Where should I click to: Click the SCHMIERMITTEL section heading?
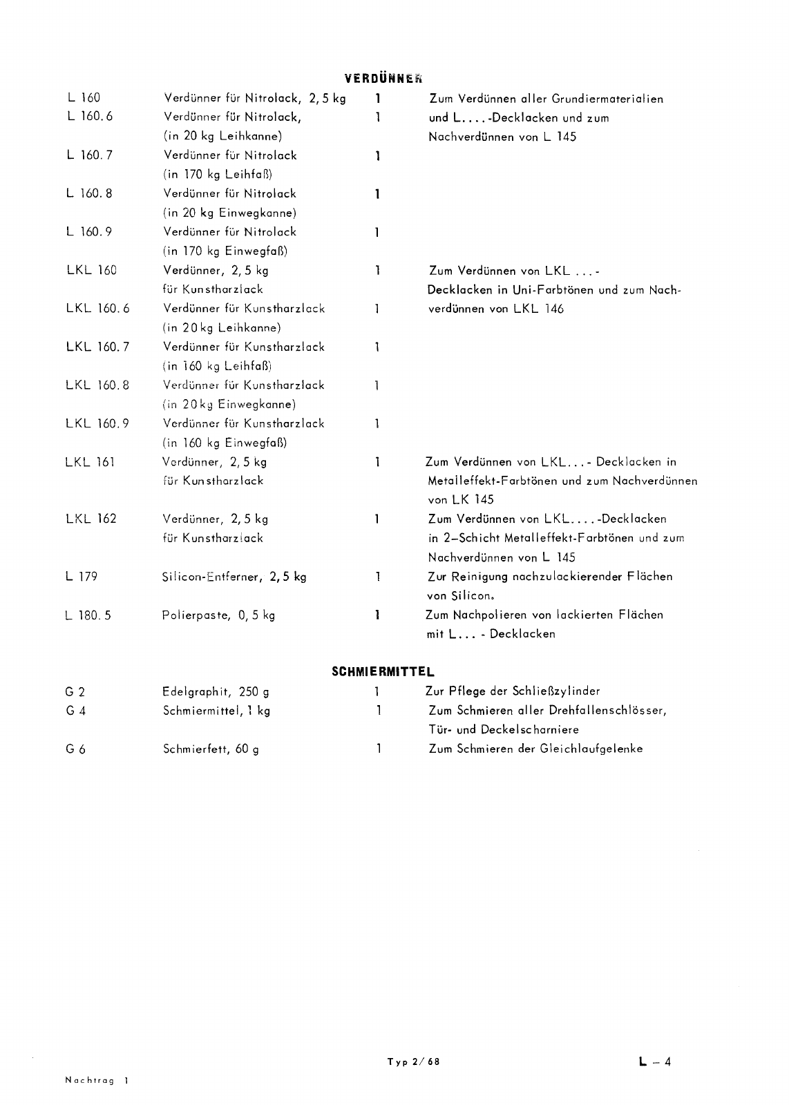click(383, 671)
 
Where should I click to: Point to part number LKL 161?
click(90, 462)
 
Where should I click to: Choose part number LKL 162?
click(91, 519)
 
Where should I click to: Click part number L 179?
click(82, 577)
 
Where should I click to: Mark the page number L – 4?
click(654, 1061)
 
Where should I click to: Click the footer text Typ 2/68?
click(413, 1062)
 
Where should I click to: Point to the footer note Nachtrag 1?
click(96, 1080)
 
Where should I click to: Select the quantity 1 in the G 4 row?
click(379, 710)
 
